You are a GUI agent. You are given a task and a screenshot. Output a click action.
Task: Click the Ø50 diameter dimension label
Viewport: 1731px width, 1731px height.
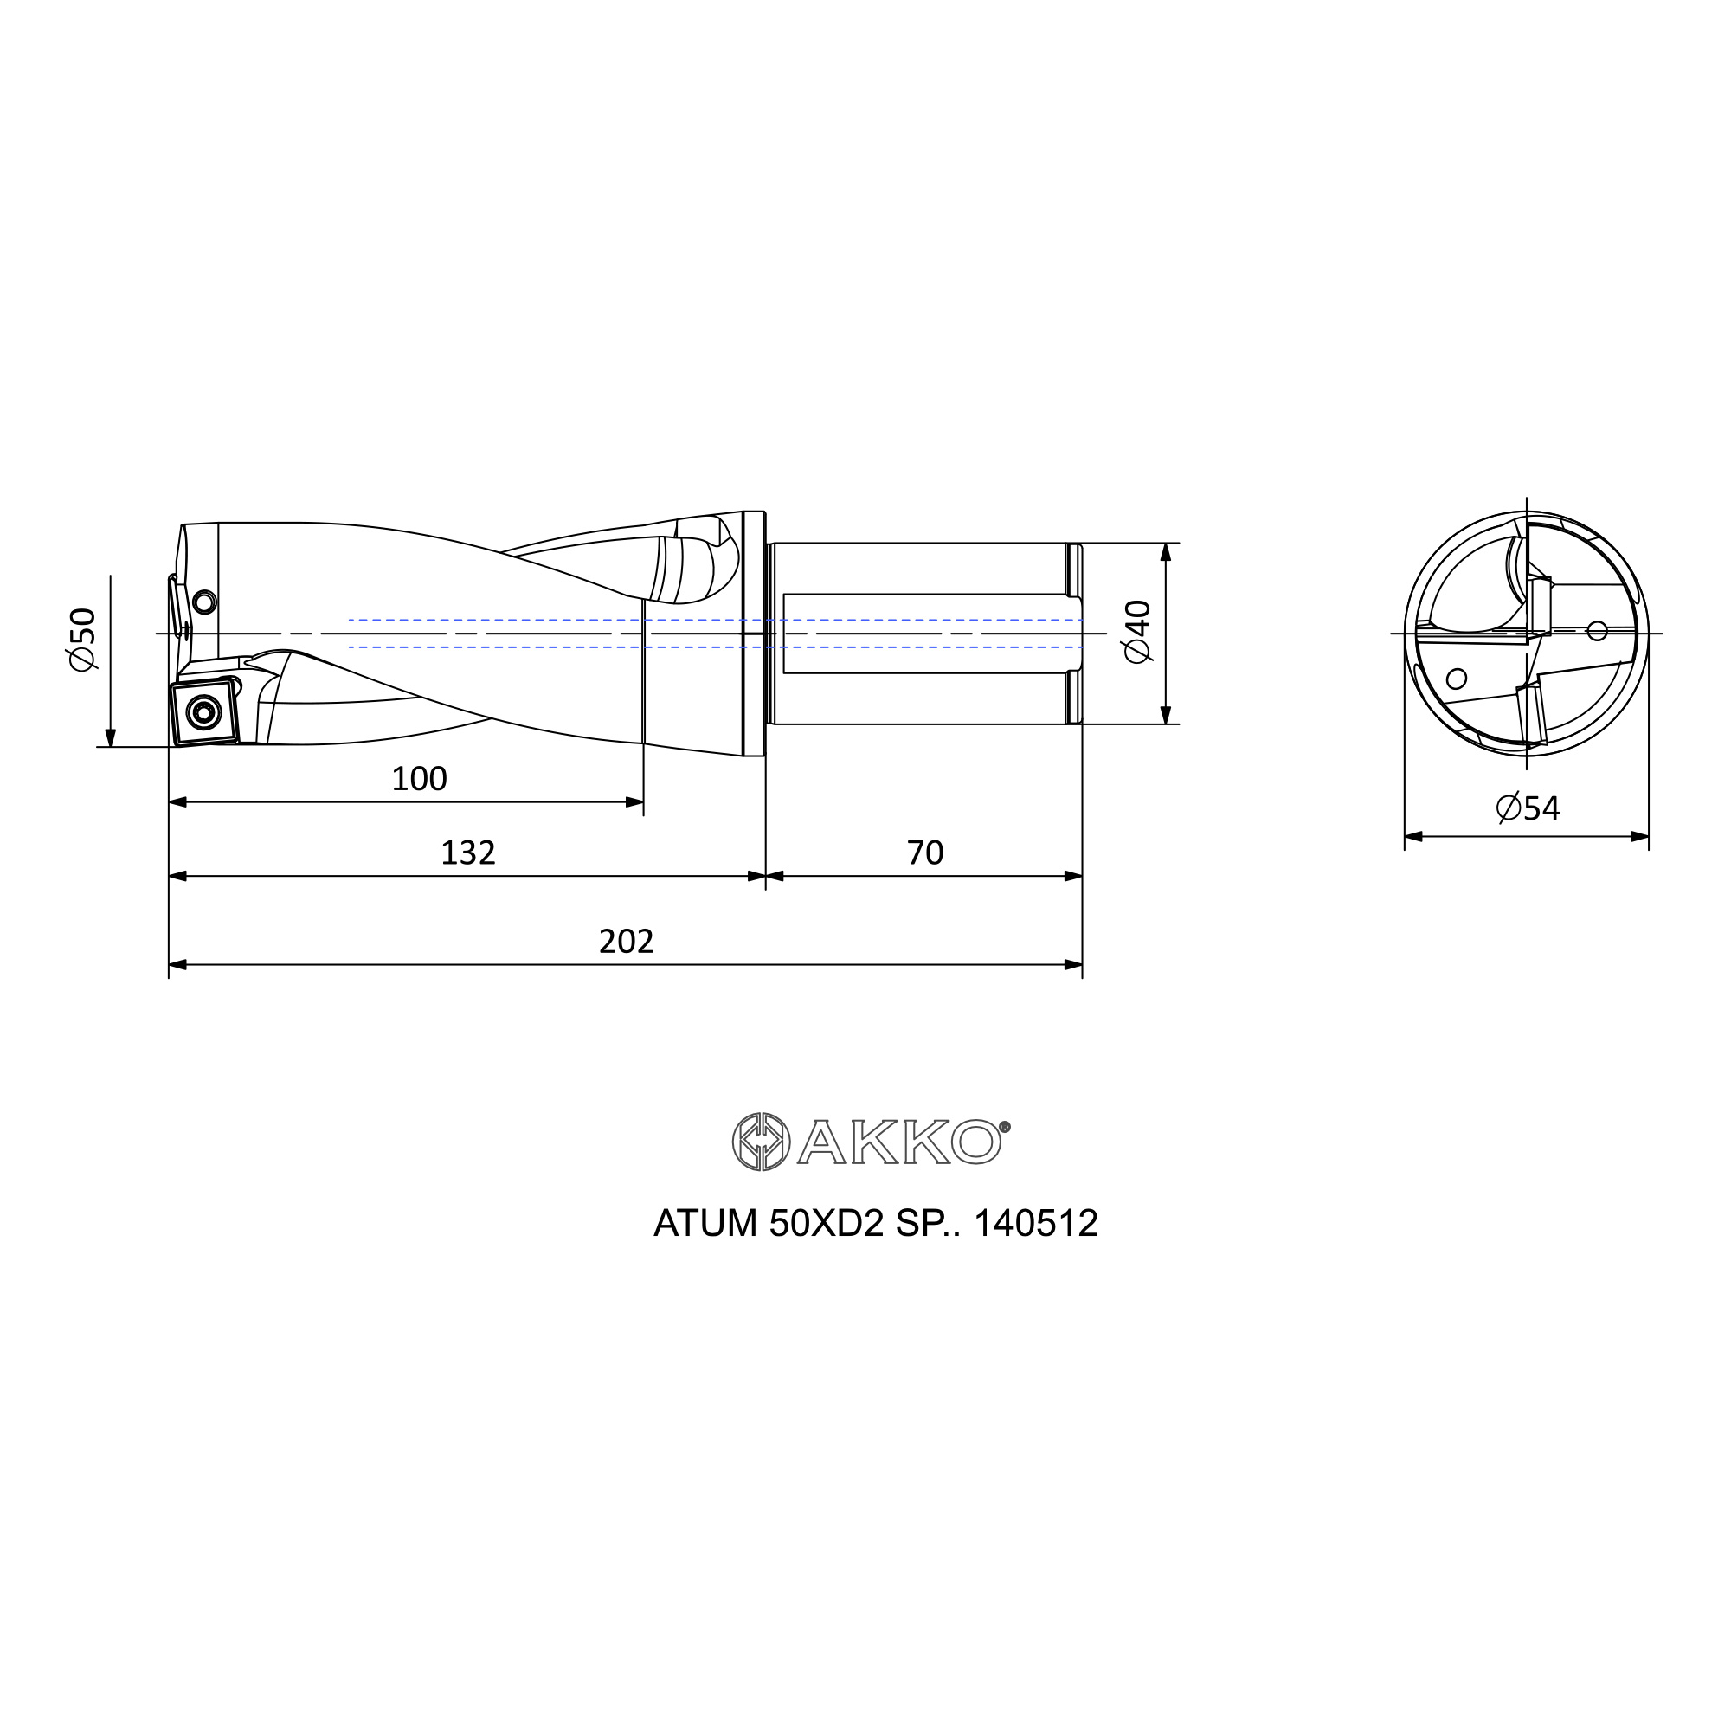coord(82,640)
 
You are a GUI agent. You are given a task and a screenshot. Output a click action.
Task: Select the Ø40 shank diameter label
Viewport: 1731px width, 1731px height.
coord(1137,632)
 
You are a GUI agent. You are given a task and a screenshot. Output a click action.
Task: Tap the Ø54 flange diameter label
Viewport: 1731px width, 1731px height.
coord(1528,808)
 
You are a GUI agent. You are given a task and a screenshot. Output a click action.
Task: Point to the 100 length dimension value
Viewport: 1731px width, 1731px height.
coord(419,779)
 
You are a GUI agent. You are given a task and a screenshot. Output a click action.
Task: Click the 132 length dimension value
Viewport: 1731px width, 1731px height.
coord(467,852)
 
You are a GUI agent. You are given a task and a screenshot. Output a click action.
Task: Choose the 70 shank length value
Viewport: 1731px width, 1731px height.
coord(924,852)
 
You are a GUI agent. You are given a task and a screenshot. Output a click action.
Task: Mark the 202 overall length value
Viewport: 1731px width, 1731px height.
coord(627,941)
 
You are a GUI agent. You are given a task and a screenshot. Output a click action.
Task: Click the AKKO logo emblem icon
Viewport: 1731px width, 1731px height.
coord(762,1142)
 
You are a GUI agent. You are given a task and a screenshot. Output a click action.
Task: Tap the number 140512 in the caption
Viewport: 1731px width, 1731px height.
coord(1036,1223)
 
